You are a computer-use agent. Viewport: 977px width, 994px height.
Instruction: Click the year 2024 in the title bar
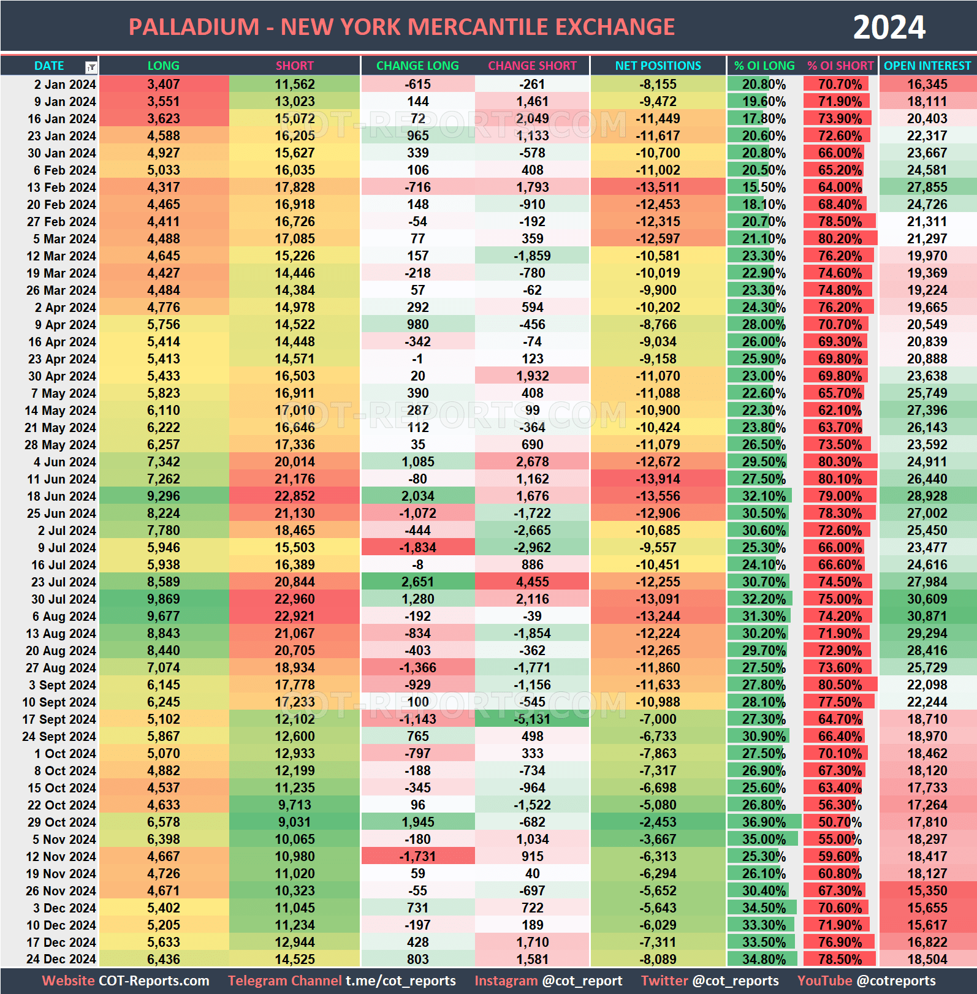pyautogui.click(x=889, y=28)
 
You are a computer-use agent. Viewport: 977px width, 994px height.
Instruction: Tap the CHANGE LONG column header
pyautogui.click(x=417, y=66)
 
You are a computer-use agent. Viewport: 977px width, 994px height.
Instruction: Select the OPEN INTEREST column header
pyautogui.click(x=927, y=66)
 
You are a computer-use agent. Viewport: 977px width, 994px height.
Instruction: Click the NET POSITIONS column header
pyautogui.click(x=658, y=66)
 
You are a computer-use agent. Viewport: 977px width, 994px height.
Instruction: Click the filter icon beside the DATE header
pyautogui.click(x=91, y=67)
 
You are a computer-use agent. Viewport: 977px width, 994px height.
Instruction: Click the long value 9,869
pyautogui.click(x=164, y=599)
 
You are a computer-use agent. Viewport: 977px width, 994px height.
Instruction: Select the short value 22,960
pyautogui.click(x=295, y=599)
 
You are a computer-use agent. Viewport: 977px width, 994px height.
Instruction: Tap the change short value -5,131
pyautogui.click(x=532, y=719)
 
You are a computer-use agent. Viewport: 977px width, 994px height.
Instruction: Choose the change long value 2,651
pyautogui.click(x=417, y=582)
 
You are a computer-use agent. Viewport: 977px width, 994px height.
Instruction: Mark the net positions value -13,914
pyautogui.click(x=658, y=479)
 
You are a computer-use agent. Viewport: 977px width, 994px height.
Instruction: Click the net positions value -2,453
pyautogui.click(x=658, y=822)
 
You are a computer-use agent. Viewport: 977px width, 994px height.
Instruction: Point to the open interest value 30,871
pyautogui.click(x=927, y=617)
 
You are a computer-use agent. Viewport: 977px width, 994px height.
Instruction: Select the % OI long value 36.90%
pyautogui.click(x=764, y=822)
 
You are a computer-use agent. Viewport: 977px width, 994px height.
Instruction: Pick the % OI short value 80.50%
pyautogui.click(x=840, y=685)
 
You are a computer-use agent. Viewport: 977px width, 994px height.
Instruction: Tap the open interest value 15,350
pyautogui.click(x=927, y=891)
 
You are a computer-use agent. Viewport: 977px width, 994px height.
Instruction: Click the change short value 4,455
pyautogui.click(x=532, y=582)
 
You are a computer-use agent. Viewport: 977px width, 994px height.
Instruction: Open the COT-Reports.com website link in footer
pyautogui.click(x=154, y=981)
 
